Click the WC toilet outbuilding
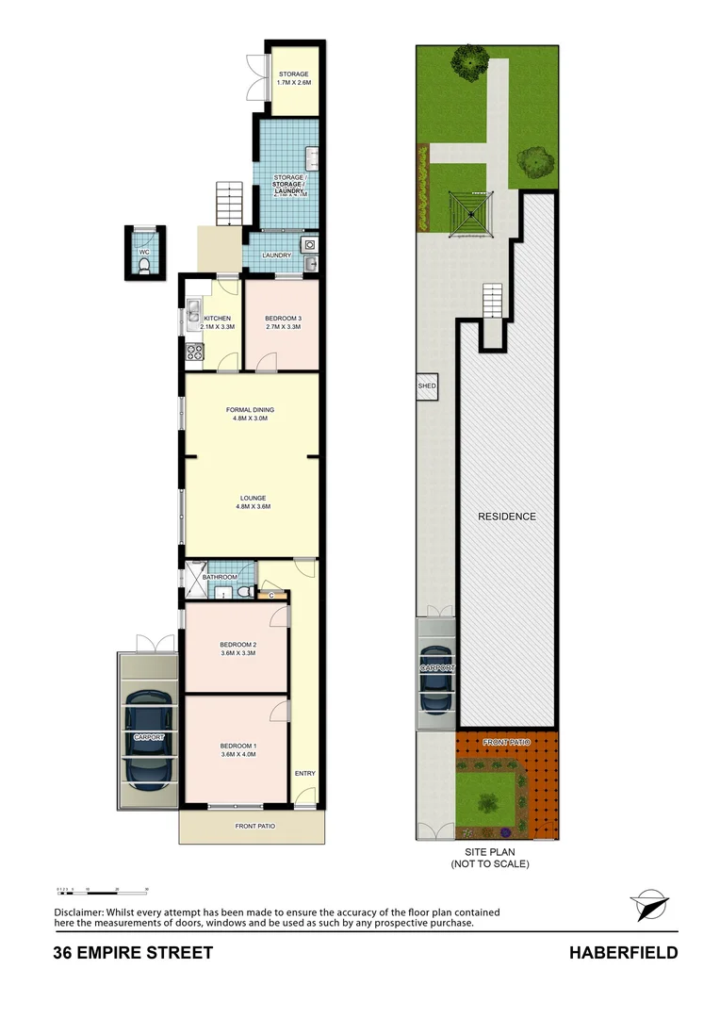pyautogui.click(x=144, y=253)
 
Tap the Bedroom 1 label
pyautogui.click(x=238, y=750)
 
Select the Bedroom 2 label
pyautogui.click(x=238, y=649)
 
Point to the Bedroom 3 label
pyautogui.click(x=283, y=321)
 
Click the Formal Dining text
pyautogui.click(x=251, y=414)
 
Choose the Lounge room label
pyautogui.click(x=253, y=501)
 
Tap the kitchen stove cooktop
pyautogui.click(x=196, y=353)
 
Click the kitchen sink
pyautogui.click(x=193, y=309)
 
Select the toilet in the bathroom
pyautogui.click(x=243, y=591)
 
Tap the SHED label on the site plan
pyautogui.click(x=427, y=386)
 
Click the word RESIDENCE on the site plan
pyautogui.click(x=506, y=517)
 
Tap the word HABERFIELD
pyautogui.click(x=623, y=953)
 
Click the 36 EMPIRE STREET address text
pyautogui.click(x=133, y=953)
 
